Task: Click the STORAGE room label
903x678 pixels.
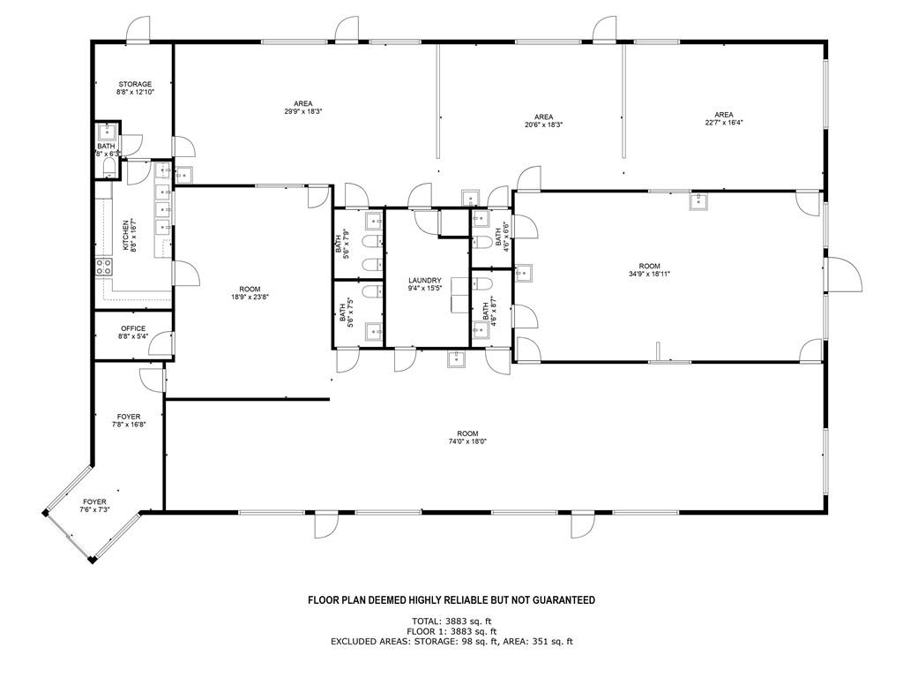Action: pyautogui.click(x=135, y=84)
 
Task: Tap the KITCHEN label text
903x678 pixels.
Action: pyautogui.click(x=125, y=234)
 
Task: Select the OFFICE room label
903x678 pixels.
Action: pyautogui.click(x=133, y=328)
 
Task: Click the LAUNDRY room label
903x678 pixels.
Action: pyautogui.click(x=425, y=280)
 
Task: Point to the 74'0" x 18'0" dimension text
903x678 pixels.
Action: pyautogui.click(x=467, y=441)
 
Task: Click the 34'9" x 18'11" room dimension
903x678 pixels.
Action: pyautogui.click(x=649, y=274)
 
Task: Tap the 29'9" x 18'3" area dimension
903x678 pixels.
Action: pyautogui.click(x=303, y=111)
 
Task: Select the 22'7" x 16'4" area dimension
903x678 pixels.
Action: pyautogui.click(x=724, y=122)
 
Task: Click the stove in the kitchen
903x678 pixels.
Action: pyautogui.click(x=104, y=266)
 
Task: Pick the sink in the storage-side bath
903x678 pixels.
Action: pyautogui.click(x=108, y=132)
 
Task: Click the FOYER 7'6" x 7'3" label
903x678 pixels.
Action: pyautogui.click(x=94, y=506)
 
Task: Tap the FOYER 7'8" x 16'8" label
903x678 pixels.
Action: pyautogui.click(x=129, y=420)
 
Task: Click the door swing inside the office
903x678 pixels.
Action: pyautogui.click(x=160, y=344)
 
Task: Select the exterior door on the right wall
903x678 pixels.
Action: pyautogui.click(x=844, y=274)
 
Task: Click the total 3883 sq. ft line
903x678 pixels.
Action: pyautogui.click(x=451, y=621)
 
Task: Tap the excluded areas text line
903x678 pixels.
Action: pyautogui.click(x=451, y=641)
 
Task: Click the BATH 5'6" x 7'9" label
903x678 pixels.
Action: pyautogui.click(x=342, y=245)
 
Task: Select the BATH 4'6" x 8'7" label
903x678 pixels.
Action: pyautogui.click(x=489, y=312)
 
